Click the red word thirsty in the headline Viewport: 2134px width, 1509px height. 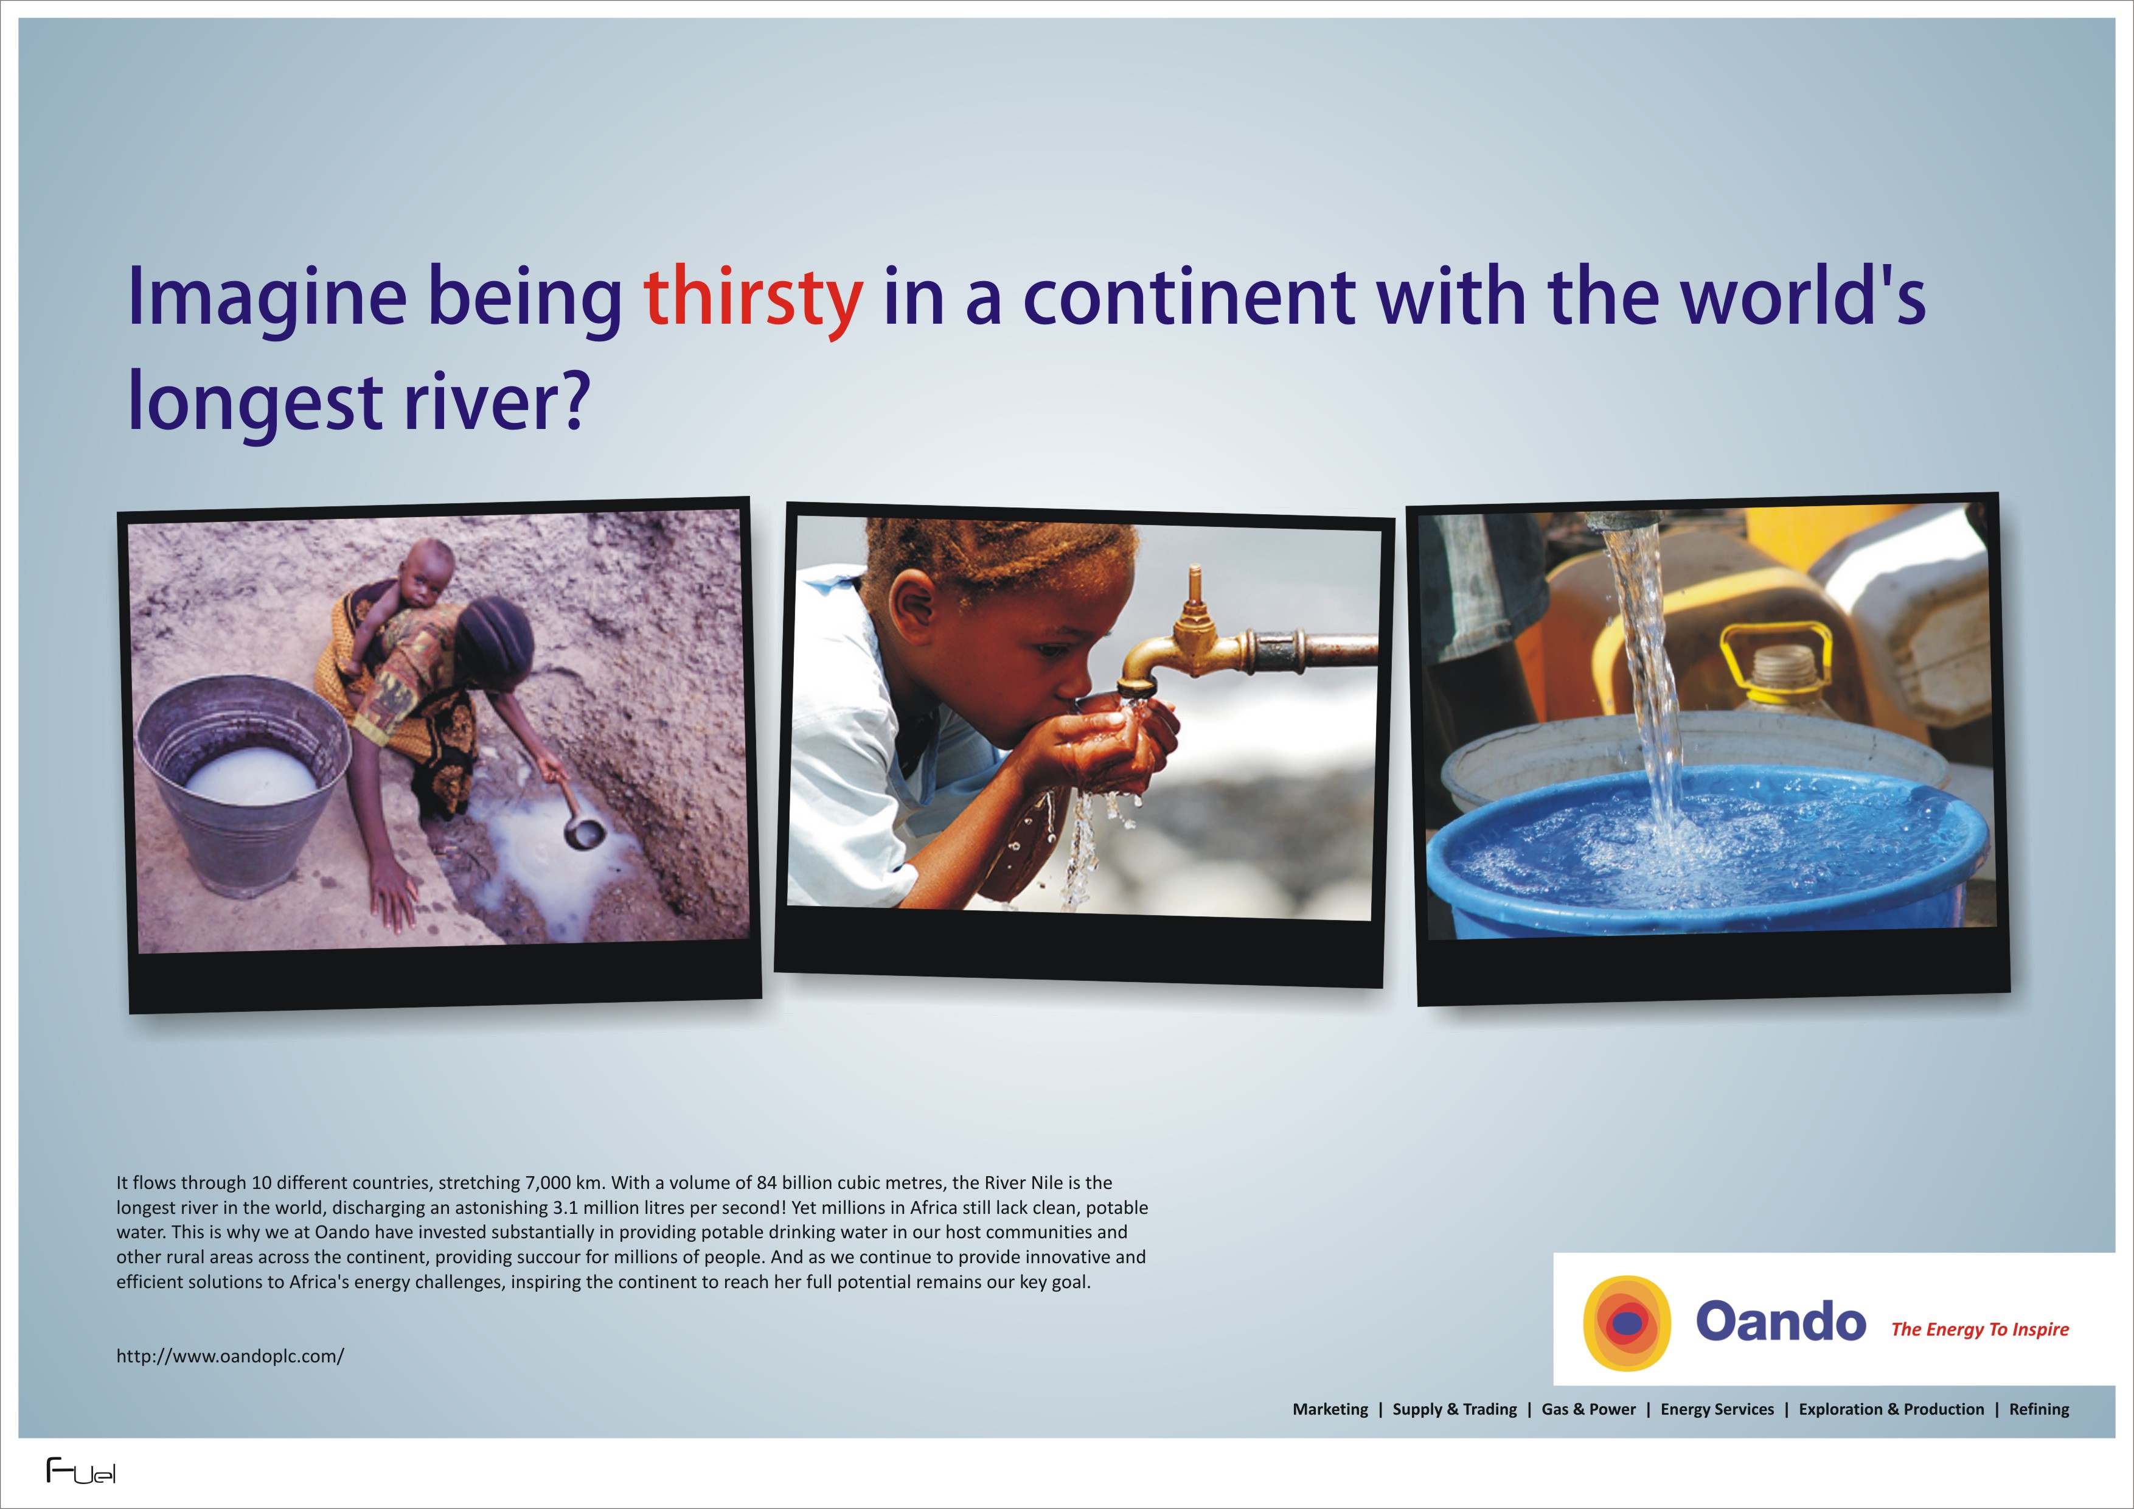[x=753, y=299]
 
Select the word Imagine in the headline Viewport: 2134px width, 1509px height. [x=266, y=299]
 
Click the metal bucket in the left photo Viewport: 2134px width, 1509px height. [x=243, y=783]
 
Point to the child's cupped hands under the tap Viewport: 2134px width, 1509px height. [x=1111, y=744]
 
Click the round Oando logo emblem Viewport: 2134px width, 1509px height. [x=1627, y=1323]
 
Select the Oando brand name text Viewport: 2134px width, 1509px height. [x=1781, y=1321]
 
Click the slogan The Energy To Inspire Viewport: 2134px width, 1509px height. [x=1979, y=1330]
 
